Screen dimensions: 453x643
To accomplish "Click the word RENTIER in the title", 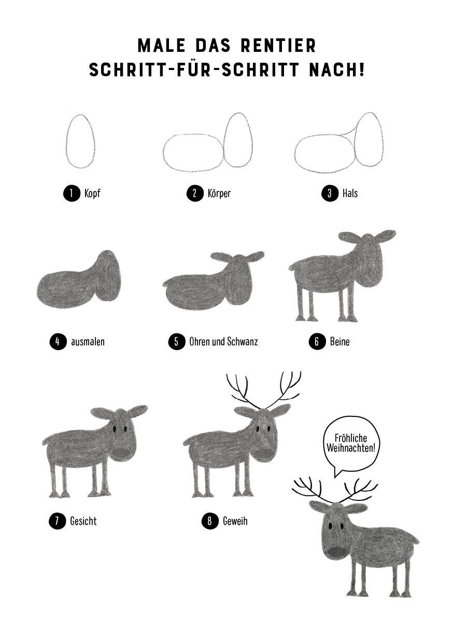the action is point(278,45).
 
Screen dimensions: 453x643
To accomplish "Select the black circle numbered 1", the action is point(72,193).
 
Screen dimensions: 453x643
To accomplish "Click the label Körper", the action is point(219,193).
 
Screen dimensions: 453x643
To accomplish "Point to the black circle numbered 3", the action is point(330,193).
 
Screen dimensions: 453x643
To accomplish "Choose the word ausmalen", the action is point(88,342).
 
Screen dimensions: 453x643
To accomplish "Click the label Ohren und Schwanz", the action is point(223,342).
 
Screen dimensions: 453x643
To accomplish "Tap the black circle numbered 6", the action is point(317,342).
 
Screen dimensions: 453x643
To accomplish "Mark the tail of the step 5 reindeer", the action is point(165,284).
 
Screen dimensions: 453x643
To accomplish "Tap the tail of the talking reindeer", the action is point(415,540).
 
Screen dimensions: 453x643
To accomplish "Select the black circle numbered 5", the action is point(176,342).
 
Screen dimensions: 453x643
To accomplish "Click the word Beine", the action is point(339,342).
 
